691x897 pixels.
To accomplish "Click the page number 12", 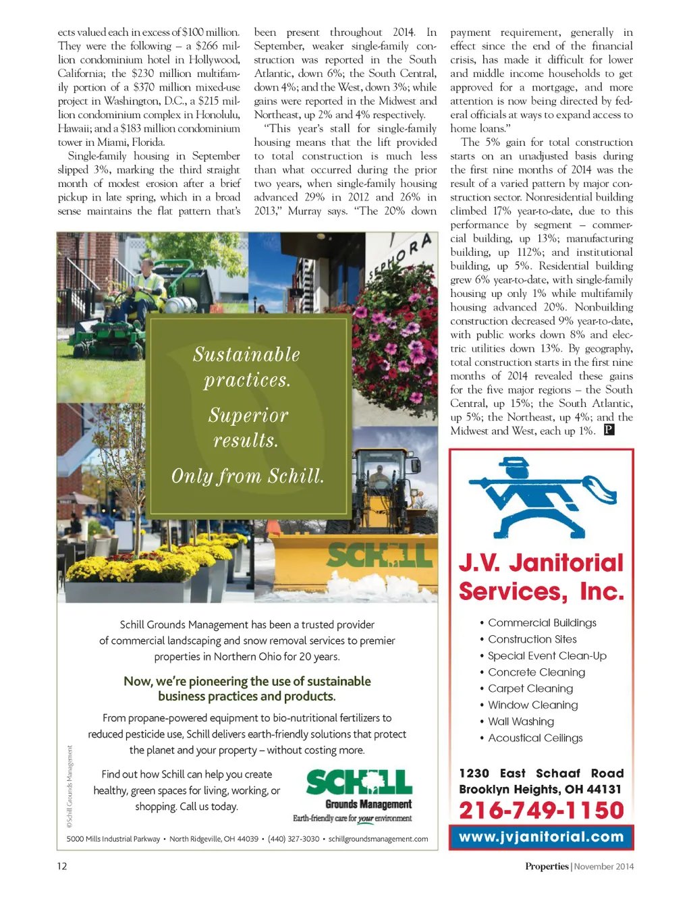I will pos(62,866).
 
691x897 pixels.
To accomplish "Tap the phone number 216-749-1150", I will pos(541,810).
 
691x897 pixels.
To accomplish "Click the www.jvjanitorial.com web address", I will pos(541,837).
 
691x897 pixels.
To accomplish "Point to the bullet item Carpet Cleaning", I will pos(530,688).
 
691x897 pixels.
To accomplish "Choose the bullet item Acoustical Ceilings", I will pos(535,738).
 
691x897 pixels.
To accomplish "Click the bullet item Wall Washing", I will pos(521,722).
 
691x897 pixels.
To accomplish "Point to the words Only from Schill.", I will pos(248,477).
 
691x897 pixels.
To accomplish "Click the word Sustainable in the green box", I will pos(246,354).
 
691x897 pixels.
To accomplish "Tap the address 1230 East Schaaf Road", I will pos(541,773).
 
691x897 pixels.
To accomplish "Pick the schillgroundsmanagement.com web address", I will pos(378,839).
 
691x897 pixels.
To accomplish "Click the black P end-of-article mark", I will pos(609,430).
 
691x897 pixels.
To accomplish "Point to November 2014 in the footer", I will pos(604,867).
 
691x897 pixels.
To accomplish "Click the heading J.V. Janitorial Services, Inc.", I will pos(541,577).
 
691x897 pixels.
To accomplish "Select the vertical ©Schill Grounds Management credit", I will pos(70,787).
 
